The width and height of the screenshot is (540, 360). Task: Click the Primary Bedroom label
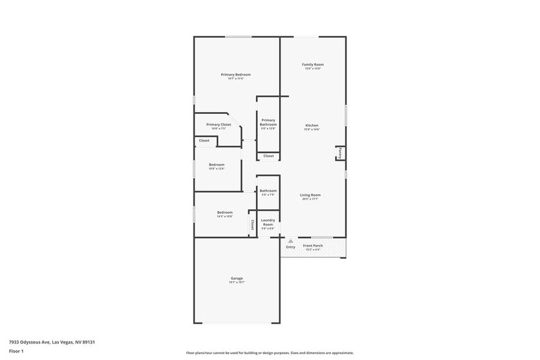coord(236,75)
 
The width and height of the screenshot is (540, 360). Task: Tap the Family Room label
coord(313,64)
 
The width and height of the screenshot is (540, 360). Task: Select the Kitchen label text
coord(312,126)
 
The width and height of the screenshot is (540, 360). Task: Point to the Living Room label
coord(310,195)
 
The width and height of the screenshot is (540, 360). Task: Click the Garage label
coord(236,279)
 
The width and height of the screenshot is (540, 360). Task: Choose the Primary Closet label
coord(219,124)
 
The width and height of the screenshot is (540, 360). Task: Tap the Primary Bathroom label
coord(268,122)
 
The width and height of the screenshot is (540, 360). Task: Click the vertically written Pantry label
coord(340,152)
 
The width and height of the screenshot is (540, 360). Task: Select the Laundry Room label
coord(268,222)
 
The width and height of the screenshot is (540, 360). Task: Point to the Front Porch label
coord(313,246)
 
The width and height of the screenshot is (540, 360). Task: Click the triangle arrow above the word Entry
coord(291,241)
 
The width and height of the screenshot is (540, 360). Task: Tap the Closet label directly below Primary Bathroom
coord(269,156)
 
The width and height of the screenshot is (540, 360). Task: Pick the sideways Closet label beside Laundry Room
coord(252,225)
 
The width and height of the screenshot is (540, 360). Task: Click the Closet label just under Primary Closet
coord(204,140)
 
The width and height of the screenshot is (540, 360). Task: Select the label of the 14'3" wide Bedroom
coord(225,212)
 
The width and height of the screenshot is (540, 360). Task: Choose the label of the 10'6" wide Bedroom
coord(217,165)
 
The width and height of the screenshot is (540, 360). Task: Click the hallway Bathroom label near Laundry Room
coord(268,190)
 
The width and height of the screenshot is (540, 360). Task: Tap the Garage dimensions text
coord(236,282)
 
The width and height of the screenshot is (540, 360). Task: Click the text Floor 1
coord(16,351)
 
